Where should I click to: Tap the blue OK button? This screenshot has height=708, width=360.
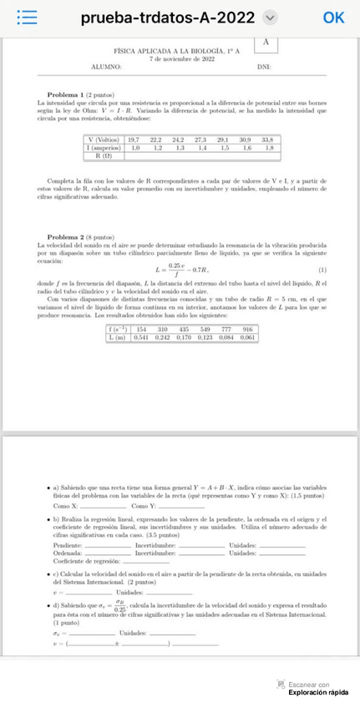pos(333,17)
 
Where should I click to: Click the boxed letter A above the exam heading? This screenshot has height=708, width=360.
pos(265,43)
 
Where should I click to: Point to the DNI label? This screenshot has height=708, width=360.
pos(264,66)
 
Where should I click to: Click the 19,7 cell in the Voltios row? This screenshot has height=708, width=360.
pos(134,139)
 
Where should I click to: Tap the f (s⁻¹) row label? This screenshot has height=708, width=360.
pos(116,330)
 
